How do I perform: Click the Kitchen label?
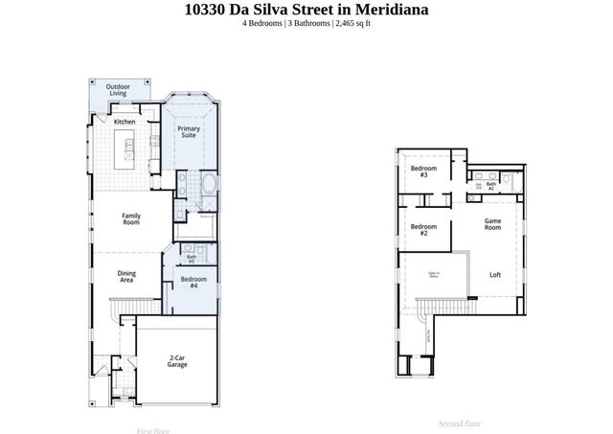(125, 123)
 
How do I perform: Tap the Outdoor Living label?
(118, 90)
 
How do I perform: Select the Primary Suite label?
(189, 132)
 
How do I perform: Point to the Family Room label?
(130, 218)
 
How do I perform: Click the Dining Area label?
(126, 276)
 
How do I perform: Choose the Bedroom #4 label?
(193, 282)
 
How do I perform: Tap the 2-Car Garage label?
(177, 362)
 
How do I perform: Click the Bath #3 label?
(192, 258)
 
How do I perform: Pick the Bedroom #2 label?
(418, 229)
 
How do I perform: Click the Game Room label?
(492, 224)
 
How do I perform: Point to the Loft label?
(495, 275)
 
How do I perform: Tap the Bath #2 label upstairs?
(491, 186)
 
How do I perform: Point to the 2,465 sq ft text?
(352, 24)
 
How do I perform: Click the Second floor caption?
(460, 423)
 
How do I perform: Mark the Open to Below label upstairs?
(433, 275)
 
